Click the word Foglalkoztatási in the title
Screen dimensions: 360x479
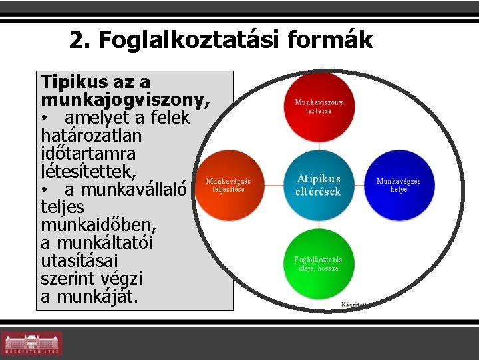pos(190,41)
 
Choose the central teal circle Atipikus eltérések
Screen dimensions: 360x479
pos(318,186)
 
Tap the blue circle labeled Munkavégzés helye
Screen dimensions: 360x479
pos(399,185)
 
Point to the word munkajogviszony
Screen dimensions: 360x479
pos(124,100)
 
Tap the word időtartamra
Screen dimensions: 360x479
pos(88,154)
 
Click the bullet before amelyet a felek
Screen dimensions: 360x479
pos(45,118)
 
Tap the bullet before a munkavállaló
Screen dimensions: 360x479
pos(45,190)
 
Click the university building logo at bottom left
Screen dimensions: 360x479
pos(31,343)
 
